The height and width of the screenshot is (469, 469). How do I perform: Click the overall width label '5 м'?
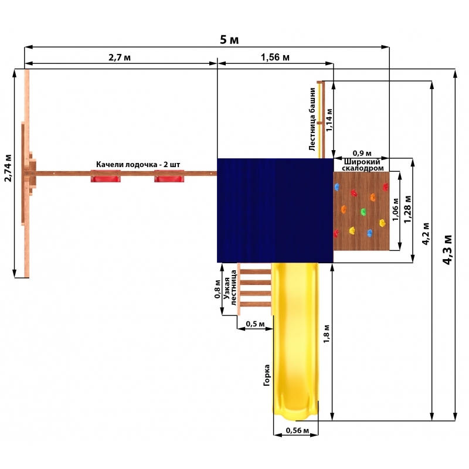pyautogui.click(x=229, y=40)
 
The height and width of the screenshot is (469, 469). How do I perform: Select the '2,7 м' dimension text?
pyautogui.click(x=120, y=57)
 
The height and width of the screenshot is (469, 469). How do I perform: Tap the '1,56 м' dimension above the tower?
pyautogui.click(x=275, y=57)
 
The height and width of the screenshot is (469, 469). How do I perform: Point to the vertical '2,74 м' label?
pyautogui.click(x=8, y=168)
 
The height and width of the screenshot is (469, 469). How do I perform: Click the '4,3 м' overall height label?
pyautogui.click(x=447, y=250)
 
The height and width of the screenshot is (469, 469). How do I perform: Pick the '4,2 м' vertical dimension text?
pyautogui.click(x=426, y=234)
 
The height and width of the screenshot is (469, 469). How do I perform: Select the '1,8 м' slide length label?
pyautogui.click(x=327, y=334)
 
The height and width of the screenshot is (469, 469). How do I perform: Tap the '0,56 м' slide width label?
pyautogui.click(x=297, y=430)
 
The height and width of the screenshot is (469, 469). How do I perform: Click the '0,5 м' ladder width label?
pyautogui.click(x=255, y=324)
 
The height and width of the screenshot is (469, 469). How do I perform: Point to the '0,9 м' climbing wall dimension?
pyautogui.click(x=362, y=154)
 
